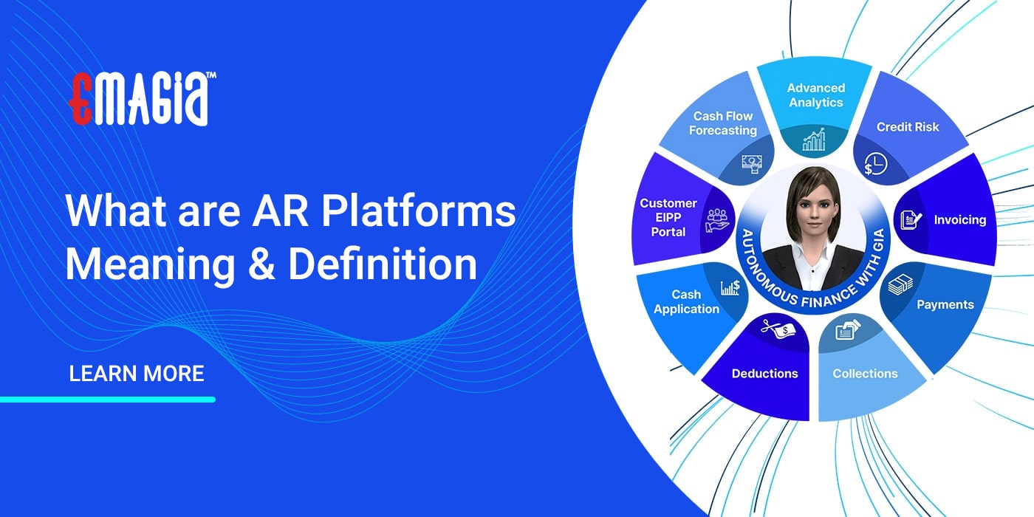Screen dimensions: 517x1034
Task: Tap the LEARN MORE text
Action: (x=136, y=373)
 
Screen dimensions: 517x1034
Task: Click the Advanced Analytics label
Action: (x=815, y=95)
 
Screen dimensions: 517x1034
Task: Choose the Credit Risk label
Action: (x=908, y=127)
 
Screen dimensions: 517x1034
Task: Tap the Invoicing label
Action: (x=959, y=220)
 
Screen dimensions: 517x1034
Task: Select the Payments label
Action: (x=945, y=304)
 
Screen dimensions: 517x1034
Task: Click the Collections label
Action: (x=865, y=374)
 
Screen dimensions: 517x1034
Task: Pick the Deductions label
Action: (x=764, y=374)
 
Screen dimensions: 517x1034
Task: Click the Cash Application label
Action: (x=686, y=302)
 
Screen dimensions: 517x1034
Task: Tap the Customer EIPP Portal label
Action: (x=668, y=217)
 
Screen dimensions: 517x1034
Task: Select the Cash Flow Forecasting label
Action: (x=723, y=123)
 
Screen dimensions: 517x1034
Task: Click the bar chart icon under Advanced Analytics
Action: (x=814, y=140)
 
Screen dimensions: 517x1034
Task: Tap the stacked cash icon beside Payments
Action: (x=900, y=284)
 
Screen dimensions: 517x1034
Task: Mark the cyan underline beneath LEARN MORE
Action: (x=107, y=400)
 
